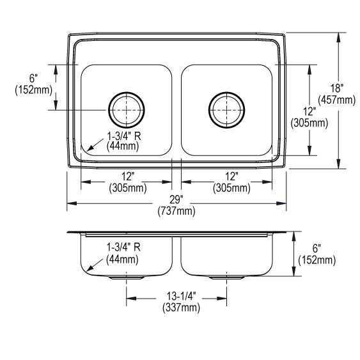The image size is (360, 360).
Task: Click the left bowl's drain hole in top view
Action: pos(127,110)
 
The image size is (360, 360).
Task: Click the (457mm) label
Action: pos(338,100)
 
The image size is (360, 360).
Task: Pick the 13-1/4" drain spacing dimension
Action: pos(177,297)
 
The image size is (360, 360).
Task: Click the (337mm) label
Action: pos(177,308)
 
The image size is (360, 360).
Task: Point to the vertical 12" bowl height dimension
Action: pos(308,111)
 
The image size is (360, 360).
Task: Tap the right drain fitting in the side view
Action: pos(226,279)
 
